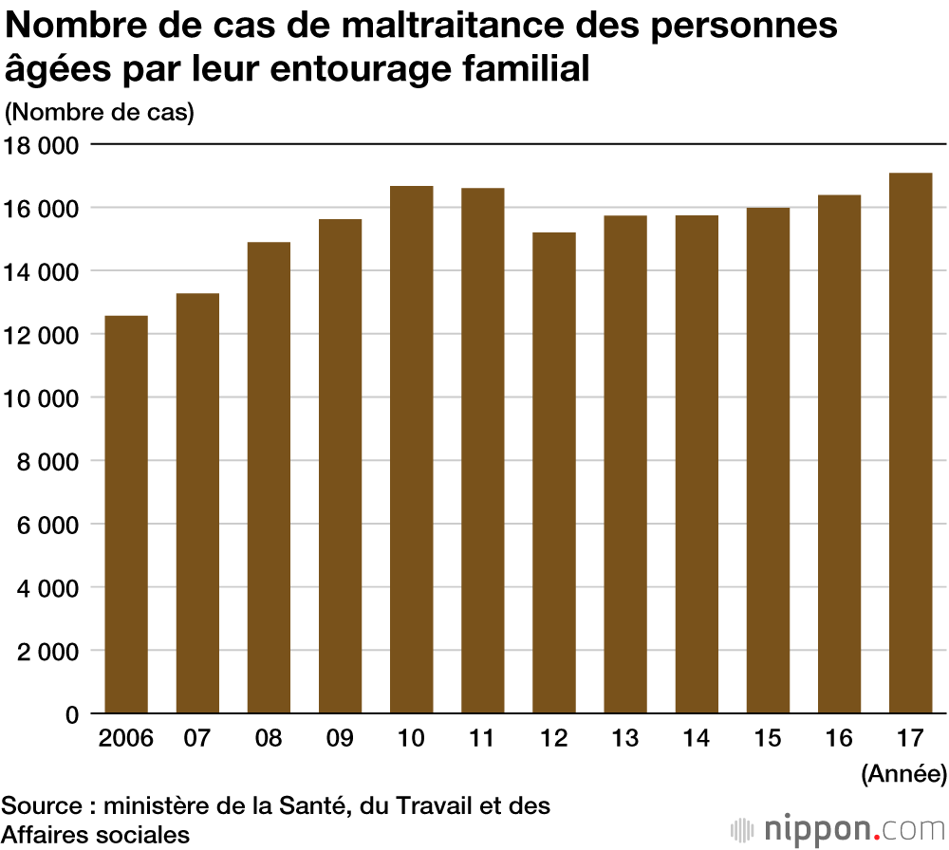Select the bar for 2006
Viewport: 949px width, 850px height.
click(126, 514)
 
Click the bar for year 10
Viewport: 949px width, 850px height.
click(412, 450)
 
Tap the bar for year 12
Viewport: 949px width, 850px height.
click(554, 472)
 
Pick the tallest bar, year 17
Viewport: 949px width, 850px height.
click(911, 443)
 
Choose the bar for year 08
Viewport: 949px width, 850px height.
click(269, 477)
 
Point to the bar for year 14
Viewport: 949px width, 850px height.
click(697, 464)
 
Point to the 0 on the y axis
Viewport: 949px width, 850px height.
click(70, 714)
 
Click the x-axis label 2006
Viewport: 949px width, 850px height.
click(126, 739)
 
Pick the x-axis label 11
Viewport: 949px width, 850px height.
click(483, 739)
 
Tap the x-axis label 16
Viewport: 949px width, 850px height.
click(839, 739)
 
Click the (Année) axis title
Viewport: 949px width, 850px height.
click(903, 774)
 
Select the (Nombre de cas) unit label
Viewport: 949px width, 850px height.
click(100, 112)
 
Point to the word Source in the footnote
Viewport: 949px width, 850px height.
click(41, 806)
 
